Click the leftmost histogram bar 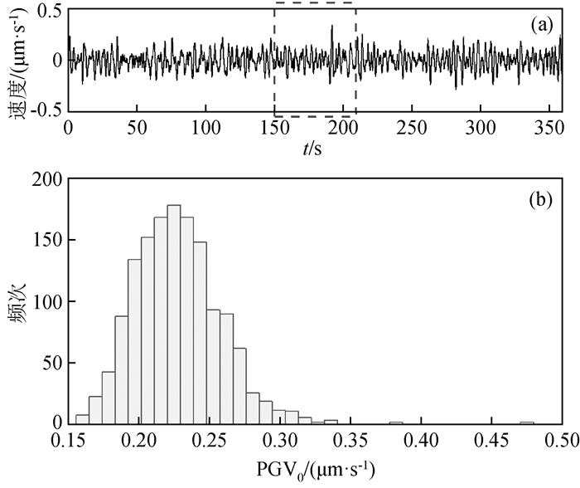tap(82, 419)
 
